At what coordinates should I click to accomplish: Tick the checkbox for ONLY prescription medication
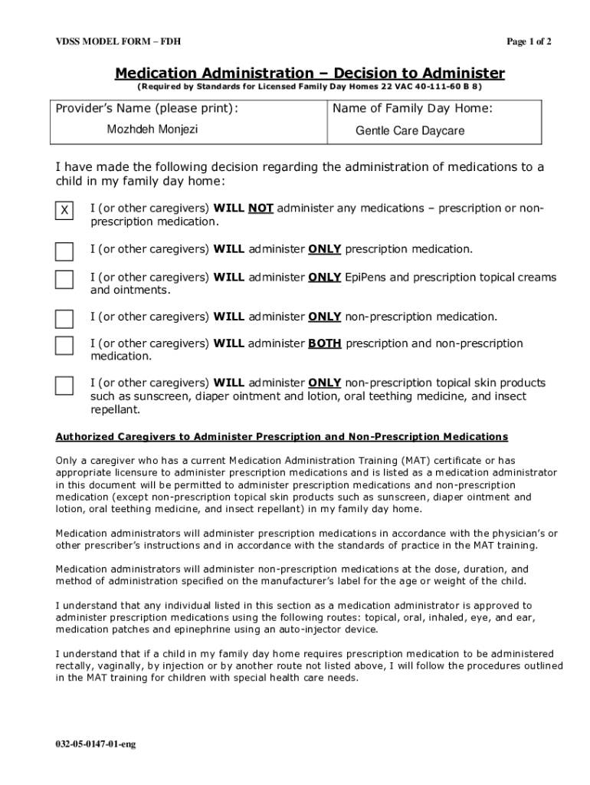64,251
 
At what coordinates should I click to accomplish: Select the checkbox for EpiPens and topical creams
64,280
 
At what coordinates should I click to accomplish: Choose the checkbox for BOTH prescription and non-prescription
64,346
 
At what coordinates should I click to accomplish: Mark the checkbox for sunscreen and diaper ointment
64,386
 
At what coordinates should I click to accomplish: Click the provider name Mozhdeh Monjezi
152,130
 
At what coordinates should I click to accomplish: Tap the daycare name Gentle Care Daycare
410,131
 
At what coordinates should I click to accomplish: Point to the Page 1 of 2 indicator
529,41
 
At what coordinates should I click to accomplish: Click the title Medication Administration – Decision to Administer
310,74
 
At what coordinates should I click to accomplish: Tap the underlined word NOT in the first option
261,209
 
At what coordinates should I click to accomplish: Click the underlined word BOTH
325,343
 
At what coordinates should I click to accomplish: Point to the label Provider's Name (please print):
146,109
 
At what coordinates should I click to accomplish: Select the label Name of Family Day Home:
412,109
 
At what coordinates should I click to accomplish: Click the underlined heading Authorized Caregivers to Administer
281,437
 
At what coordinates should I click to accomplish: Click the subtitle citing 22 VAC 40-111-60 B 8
310,87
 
